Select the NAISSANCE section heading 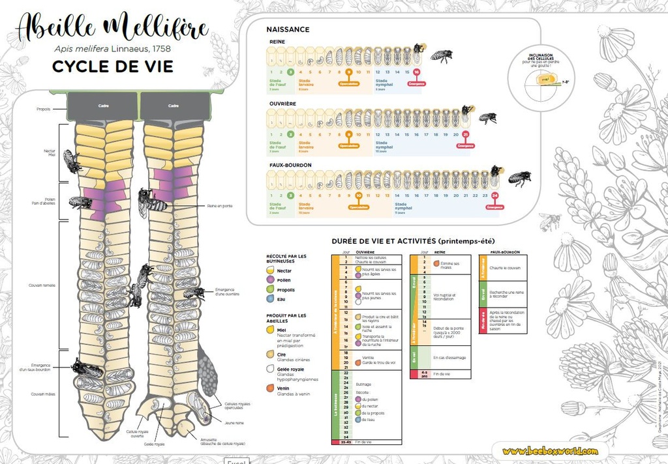coord(288,29)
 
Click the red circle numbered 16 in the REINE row coord(417,72)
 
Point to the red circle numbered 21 coord(465,135)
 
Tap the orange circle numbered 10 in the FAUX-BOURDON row coord(358,196)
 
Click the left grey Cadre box coord(103,106)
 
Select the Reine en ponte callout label coord(219,205)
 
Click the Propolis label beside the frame coord(43,109)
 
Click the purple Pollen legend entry coord(284,280)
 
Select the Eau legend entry coord(281,299)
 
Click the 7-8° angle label coord(566,81)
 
